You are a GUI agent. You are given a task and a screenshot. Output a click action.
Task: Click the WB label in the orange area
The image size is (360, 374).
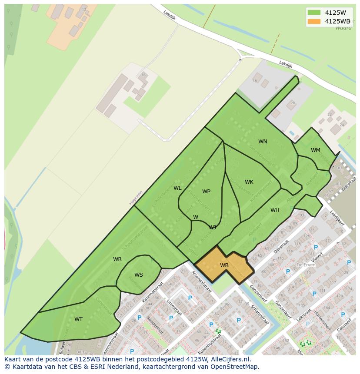[x=224, y=265]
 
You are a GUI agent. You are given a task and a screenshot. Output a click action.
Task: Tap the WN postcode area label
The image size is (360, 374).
[x=263, y=142]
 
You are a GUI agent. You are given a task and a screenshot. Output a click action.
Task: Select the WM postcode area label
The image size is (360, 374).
[x=316, y=150]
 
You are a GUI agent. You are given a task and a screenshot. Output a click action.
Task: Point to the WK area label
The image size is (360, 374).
[x=249, y=182]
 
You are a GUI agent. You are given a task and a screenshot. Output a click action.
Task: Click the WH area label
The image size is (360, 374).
[x=275, y=210]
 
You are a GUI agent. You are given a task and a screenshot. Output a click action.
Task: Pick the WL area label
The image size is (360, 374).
[x=177, y=188]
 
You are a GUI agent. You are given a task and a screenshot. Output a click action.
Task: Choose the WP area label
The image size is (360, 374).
[x=206, y=192]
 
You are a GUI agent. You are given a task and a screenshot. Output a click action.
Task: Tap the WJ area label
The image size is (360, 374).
[x=213, y=227]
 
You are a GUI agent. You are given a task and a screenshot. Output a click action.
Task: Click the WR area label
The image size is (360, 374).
[x=117, y=259]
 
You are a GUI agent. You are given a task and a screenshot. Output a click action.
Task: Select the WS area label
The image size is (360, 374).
[x=138, y=275]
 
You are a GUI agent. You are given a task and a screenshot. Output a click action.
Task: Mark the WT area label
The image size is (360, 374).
[x=78, y=319]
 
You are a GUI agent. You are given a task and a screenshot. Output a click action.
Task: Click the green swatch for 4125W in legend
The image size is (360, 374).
[x=313, y=12]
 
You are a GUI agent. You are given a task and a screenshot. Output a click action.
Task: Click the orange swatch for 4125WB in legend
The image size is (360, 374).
[x=313, y=21]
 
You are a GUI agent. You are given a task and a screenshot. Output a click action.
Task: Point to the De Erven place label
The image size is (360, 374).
[x=306, y=265]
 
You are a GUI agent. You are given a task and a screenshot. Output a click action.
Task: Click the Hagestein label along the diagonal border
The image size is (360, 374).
[x=135, y=198]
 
